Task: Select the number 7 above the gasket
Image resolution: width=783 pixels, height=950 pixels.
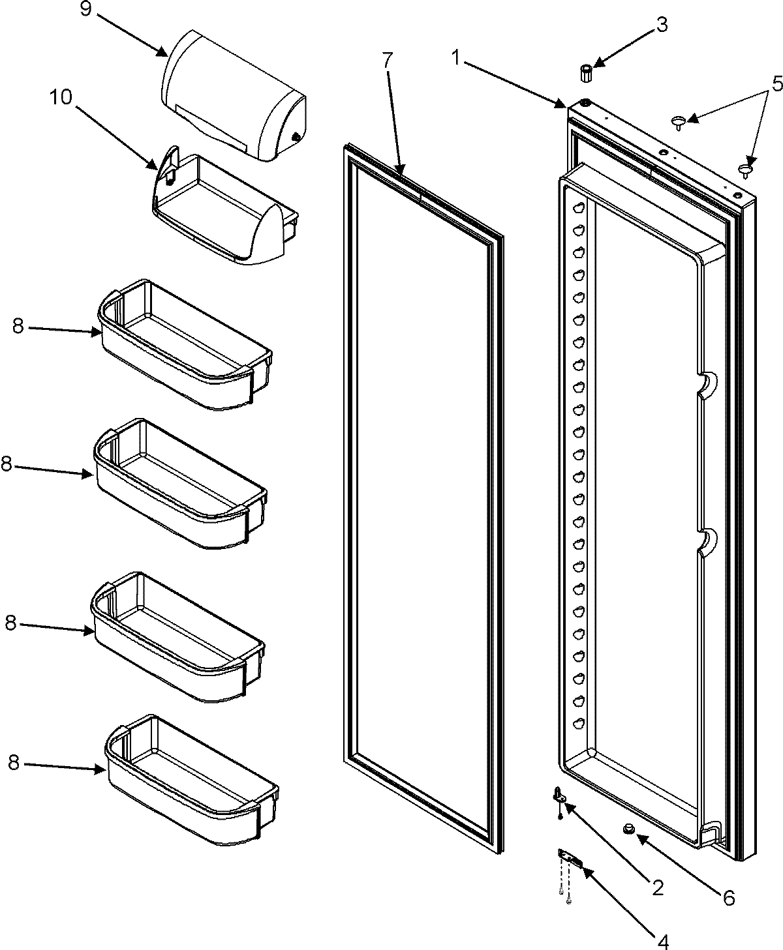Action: tap(388, 60)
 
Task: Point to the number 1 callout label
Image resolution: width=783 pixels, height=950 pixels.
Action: tap(457, 58)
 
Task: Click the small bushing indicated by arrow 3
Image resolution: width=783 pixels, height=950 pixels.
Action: tap(585, 72)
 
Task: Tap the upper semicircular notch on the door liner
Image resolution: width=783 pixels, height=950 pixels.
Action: tap(706, 385)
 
